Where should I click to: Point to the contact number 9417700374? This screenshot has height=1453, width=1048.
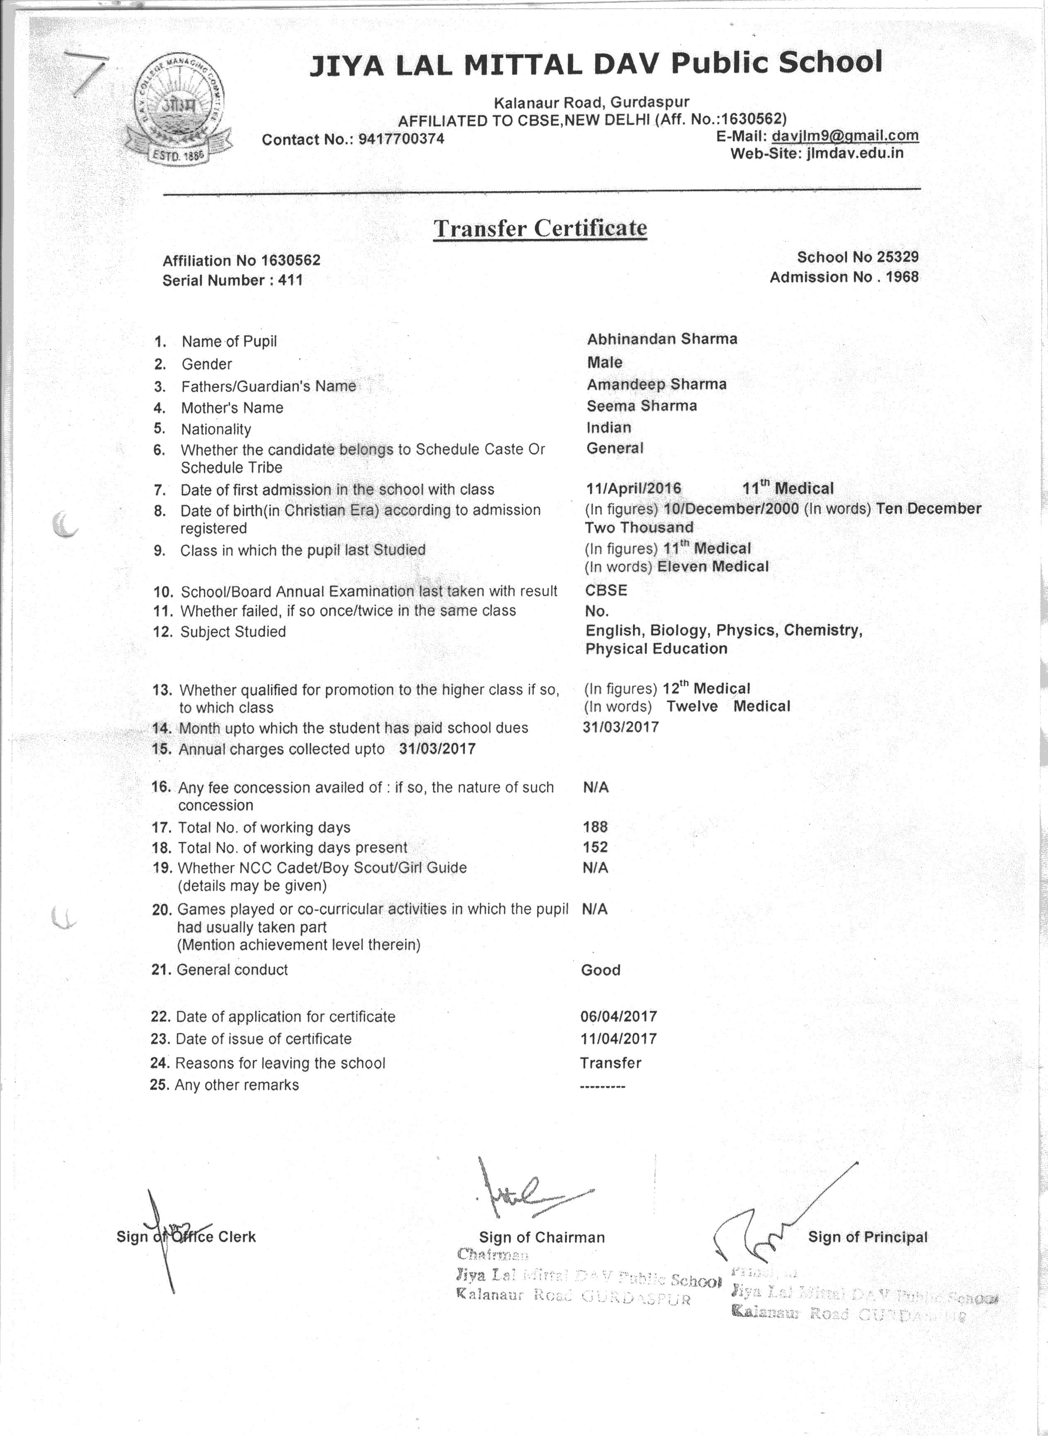[x=401, y=139]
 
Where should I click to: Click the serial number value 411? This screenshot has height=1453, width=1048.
[x=290, y=280]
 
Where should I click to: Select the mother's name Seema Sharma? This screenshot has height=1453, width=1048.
[x=641, y=406]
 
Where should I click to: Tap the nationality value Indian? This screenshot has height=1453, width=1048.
[x=608, y=427]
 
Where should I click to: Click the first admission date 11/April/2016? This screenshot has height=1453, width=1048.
[x=633, y=489]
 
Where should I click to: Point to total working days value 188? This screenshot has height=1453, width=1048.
[x=595, y=827]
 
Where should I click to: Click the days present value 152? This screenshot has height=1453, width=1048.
[x=595, y=847]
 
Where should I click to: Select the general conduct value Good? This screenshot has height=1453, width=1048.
[x=601, y=970]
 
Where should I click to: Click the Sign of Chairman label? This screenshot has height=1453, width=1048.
[x=542, y=1237]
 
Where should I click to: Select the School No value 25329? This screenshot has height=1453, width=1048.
[x=898, y=257]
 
